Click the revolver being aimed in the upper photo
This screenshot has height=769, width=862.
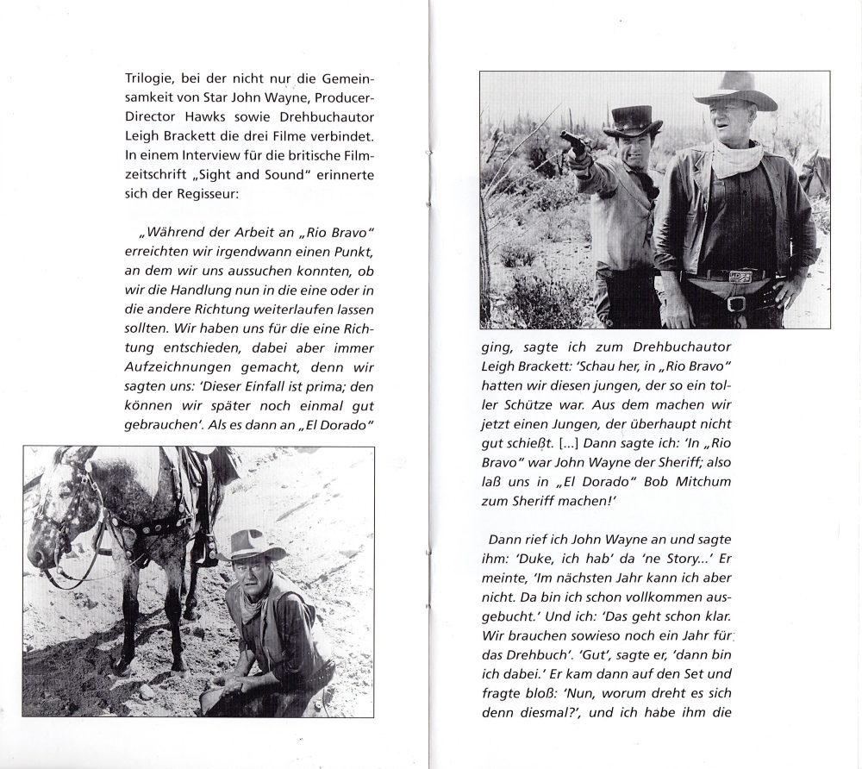[571, 141]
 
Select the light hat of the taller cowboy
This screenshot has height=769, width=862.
[736, 90]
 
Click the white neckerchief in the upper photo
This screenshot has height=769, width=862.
[739, 159]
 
